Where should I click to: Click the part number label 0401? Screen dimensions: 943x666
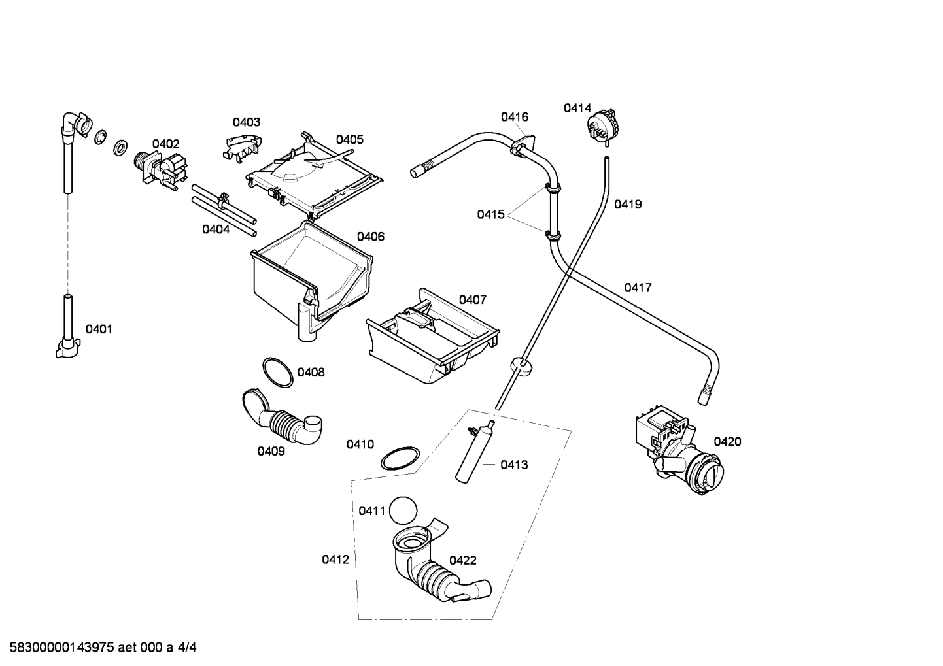click(99, 329)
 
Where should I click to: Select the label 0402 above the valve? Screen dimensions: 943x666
click(166, 144)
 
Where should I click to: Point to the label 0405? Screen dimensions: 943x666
click(349, 139)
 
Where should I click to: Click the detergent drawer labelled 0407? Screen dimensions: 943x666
click(433, 336)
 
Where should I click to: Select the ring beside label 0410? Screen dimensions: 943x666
click(400, 458)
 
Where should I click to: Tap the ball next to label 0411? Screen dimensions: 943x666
click(403, 510)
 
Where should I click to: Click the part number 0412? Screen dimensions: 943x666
click(335, 559)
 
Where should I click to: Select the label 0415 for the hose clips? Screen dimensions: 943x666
click(490, 214)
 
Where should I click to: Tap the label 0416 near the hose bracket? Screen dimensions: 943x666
click(515, 117)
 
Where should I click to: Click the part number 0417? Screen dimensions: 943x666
click(638, 288)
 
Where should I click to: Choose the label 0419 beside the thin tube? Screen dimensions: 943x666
click(628, 205)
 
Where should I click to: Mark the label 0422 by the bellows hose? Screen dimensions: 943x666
click(462, 560)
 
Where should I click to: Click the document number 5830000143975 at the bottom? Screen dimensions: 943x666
click(62, 647)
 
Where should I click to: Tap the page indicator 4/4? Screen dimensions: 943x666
click(187, 647)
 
